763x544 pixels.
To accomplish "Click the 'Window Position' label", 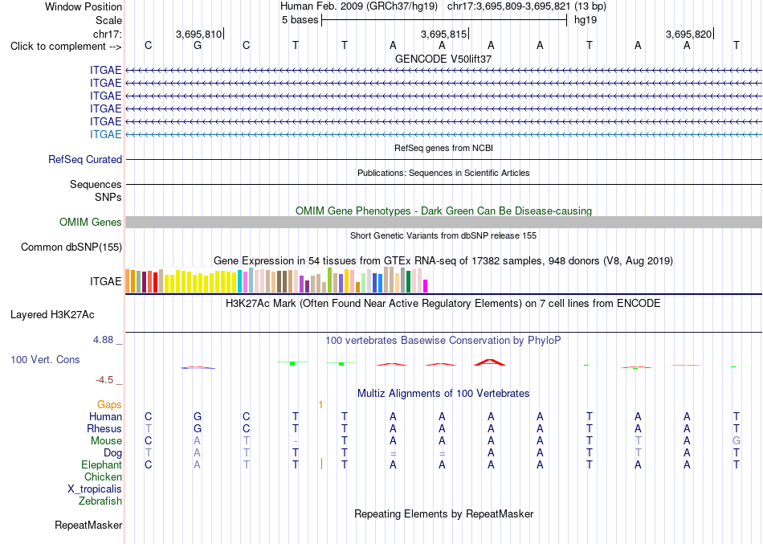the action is click(84, 6).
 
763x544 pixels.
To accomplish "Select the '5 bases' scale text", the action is click(300, 20).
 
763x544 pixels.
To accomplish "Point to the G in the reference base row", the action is click(197, 46).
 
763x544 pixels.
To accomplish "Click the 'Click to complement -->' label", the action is click(66, 47).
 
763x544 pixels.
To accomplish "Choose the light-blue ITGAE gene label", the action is click(105, 134).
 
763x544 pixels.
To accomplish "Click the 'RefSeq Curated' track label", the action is click(85, 160).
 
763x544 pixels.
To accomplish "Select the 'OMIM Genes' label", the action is click(91, 222).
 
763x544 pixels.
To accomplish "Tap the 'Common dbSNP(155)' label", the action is click(71, 247).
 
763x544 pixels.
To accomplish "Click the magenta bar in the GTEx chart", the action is click(426, 286).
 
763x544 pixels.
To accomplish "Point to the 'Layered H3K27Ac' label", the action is click(52, 315).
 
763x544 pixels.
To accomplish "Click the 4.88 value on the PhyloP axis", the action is click(103, 340).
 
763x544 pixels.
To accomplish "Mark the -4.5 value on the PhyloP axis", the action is click(104, 380).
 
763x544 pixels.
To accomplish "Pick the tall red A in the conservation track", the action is click(490, 362).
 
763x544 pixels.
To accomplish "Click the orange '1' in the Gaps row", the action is click(320, 405).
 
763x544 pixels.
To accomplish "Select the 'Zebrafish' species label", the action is click(100, 501).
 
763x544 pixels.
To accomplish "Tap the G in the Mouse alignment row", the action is click(736, 441).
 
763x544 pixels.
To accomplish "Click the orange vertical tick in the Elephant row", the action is click(321, 464).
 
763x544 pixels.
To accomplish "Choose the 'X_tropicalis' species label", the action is click(95, 489).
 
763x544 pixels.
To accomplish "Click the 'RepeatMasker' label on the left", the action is click(88, 526).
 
